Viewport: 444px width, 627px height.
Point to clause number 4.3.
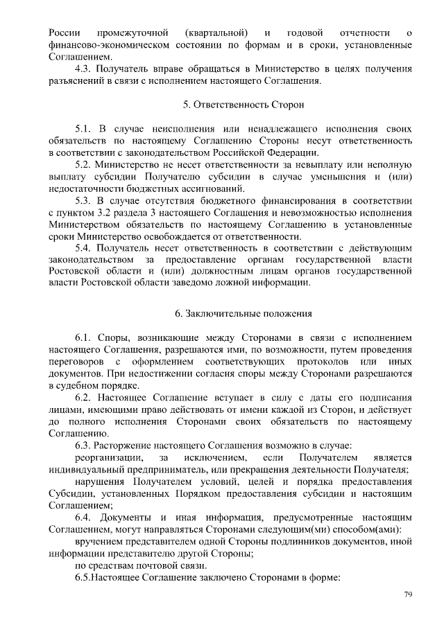(83, 69)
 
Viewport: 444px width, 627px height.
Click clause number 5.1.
(83, 129)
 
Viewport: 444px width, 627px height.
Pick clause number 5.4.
(83, 247)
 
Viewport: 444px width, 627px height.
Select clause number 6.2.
(83, 398)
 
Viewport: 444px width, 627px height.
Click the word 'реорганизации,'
(110, 458)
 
